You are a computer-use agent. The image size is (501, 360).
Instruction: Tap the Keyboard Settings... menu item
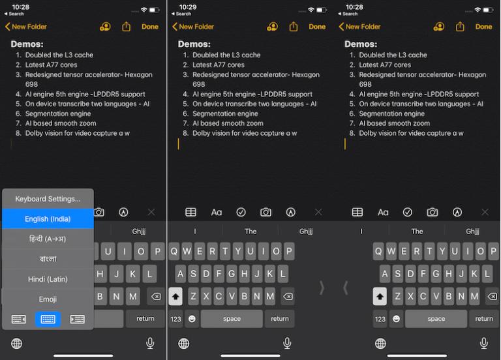[48, 198]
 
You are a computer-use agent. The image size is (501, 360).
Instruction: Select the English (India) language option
[48, 219]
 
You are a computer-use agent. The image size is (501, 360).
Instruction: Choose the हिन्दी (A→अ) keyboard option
[48, 239]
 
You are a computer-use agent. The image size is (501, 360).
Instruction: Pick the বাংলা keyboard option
[48, 259]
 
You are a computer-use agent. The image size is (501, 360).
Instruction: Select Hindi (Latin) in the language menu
[48, 279]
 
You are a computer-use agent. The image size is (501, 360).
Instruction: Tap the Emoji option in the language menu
[48, 299]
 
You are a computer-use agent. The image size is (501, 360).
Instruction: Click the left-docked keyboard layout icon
[18, 319]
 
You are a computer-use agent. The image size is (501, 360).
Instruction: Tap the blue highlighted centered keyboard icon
[48, 319]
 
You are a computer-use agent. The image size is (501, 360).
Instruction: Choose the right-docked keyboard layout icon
[77, 319]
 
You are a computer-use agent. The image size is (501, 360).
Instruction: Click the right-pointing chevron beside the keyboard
[322, 287]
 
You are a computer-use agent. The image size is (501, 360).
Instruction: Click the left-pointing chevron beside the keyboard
[346, 287]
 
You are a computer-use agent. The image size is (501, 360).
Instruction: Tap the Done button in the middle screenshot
[317, 27]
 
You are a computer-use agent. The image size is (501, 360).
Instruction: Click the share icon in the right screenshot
[461, 27]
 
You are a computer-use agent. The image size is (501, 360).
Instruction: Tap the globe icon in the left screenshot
[17, 343]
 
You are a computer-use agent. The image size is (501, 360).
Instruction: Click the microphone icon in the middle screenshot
[287, 343]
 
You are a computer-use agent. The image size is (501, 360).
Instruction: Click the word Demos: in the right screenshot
[361, 44]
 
